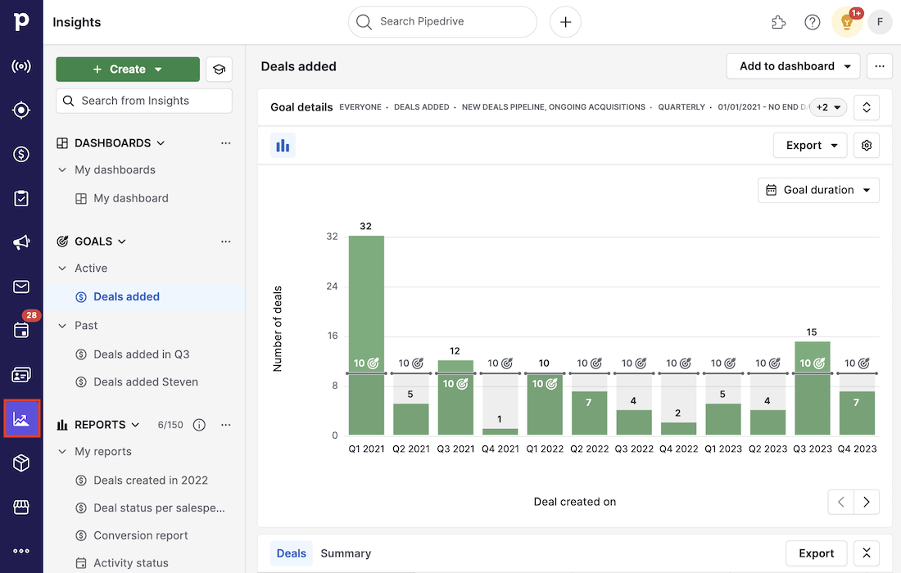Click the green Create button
[127, 70]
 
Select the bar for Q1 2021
[366, 336]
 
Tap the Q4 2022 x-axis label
[678, 449]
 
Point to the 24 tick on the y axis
[332, 286]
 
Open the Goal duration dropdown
[818, 190]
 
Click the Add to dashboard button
[794, 66]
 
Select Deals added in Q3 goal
[142, 354]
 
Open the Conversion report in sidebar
[141, 535]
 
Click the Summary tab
[346, 553]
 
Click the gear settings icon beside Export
[867, 146]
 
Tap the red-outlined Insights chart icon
[21, 419]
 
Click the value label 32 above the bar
[365, 226]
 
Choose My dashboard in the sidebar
[131, 198]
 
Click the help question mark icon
[812, 22]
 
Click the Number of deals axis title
[278, 329]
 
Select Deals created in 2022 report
[151, 481]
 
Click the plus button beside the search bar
[565, 22]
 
